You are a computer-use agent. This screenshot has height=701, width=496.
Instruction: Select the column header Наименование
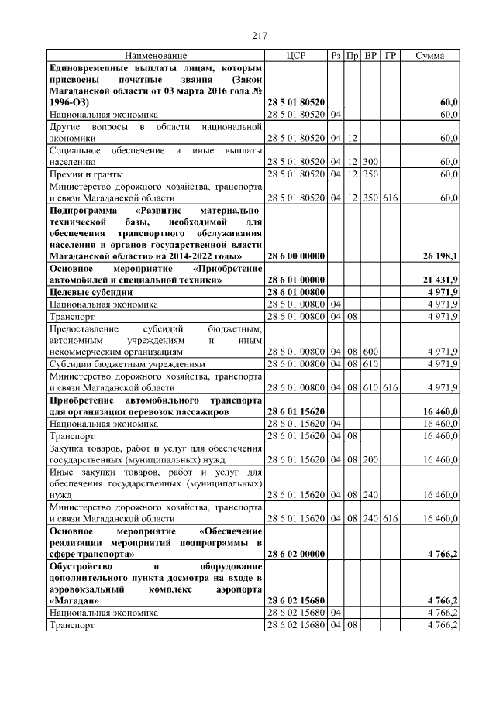coord(156,56)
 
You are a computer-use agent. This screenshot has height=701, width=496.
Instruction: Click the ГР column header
coord(391,56)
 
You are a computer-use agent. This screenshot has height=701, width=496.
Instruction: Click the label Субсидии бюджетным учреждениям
coord(128,363)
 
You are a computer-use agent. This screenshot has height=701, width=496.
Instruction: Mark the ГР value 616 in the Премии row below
coord(391,198)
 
